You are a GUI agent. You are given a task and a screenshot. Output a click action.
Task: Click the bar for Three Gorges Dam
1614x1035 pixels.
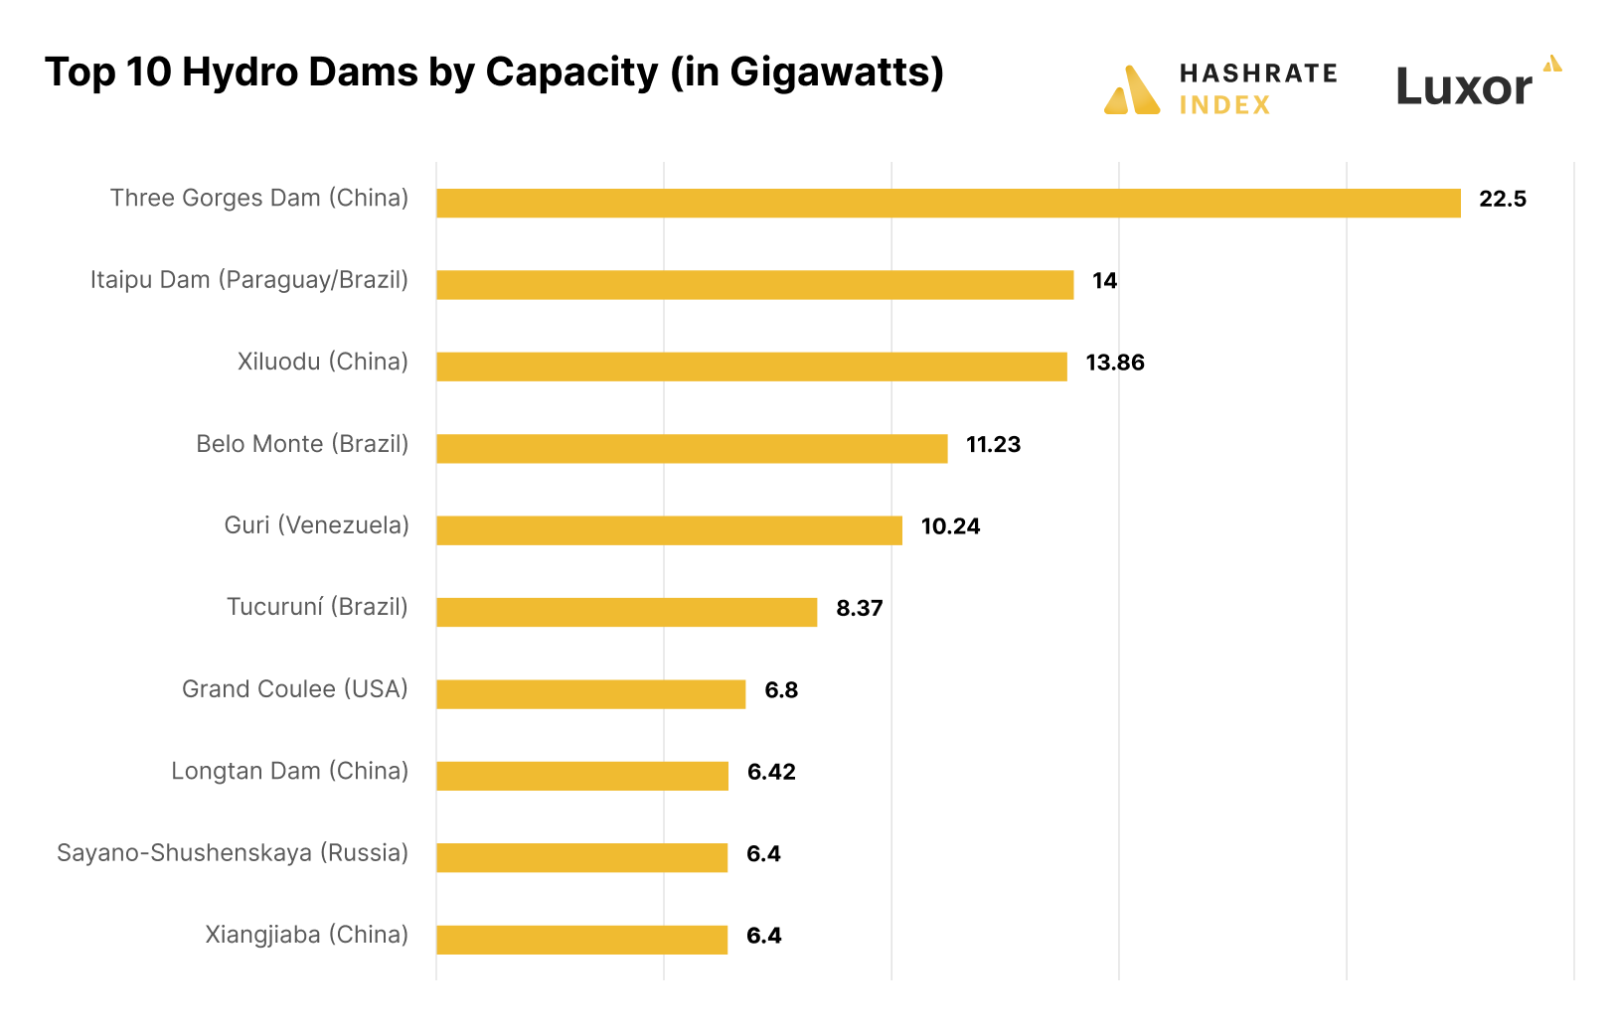click(x=948, y=203)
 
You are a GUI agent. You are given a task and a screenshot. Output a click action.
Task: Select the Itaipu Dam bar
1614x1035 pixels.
click(x=754, y=285)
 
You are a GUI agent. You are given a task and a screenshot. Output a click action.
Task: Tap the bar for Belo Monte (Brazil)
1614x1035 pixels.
click(x=692, y=448)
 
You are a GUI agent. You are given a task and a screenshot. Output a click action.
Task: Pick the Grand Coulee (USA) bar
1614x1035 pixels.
click(x=590, y=694)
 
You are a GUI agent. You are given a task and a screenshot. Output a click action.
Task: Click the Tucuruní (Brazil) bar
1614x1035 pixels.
click(x=626, y=612)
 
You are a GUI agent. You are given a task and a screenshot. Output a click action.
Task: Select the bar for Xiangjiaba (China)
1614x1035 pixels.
click(x=581, y=940)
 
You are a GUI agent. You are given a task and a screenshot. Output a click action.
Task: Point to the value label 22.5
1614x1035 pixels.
click(x=1502, y=199)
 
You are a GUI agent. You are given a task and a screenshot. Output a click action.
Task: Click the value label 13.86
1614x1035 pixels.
click(x=1114, y=363)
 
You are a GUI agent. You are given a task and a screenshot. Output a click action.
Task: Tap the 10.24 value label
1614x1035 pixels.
click(x=950, y=526)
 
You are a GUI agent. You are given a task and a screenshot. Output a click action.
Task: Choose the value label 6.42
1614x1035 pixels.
click(x=771, y=772)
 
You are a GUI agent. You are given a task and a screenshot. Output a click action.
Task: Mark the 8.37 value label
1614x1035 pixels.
click(x=859, y=608)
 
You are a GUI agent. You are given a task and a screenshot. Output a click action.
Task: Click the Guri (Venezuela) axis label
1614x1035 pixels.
click(x=316, y=525)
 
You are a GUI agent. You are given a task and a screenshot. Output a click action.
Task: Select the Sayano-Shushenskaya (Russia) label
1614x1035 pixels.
click(x=233, y=853)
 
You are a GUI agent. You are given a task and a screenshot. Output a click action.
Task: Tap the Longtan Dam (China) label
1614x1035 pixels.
click(x=289, y=771)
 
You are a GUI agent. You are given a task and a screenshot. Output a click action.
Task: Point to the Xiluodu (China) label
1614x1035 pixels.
click(x=322, y=362)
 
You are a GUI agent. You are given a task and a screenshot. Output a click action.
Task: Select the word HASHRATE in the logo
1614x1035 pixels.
click(x=1257, y=74)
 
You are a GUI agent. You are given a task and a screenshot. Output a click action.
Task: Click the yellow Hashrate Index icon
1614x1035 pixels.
click(x=1132, y=91)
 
